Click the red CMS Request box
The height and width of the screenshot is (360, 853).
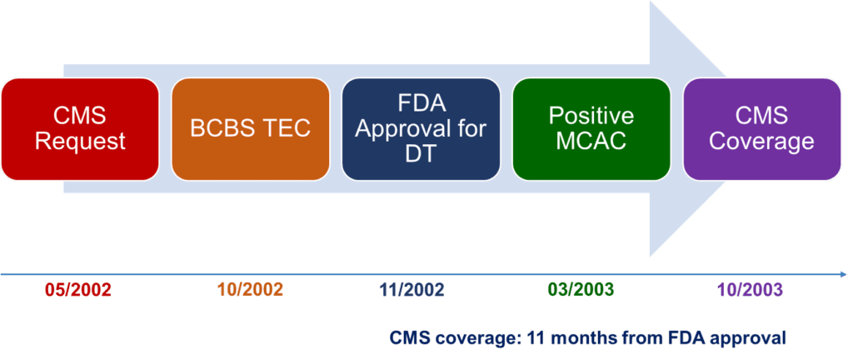tap(80, 129)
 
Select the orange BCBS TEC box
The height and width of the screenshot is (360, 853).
tap(250, 129)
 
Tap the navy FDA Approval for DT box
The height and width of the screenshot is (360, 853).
tap(421, 129)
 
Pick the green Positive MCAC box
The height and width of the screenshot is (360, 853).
tap(591, 129)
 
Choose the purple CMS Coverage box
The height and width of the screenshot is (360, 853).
tap(762, 129)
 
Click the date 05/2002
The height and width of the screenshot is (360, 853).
tap(77, 290)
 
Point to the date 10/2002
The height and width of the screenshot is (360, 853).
tap(251, 290)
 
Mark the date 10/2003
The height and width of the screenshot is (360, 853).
tap(750, 290)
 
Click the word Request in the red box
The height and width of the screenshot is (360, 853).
tap(81, 142)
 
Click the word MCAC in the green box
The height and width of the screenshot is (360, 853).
tap(591, 142)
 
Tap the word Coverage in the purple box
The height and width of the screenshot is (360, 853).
tap(762, 142)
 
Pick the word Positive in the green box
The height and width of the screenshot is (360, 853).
tap(591, 117)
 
